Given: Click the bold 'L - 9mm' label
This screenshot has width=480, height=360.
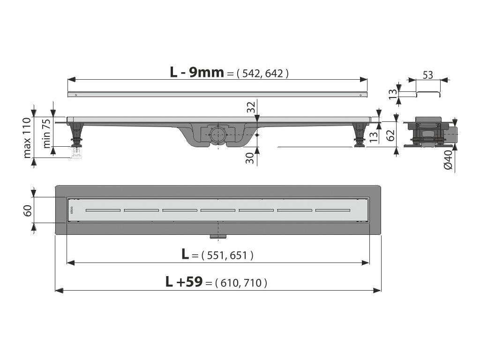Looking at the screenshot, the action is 197,72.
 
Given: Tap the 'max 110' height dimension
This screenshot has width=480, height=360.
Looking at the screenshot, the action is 27,137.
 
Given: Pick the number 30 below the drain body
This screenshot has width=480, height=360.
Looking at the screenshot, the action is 250,158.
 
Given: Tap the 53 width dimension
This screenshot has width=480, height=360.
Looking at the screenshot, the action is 428,75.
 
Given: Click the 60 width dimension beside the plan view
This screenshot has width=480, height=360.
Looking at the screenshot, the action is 28,210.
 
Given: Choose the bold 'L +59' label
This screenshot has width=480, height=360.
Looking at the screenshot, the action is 184,282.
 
